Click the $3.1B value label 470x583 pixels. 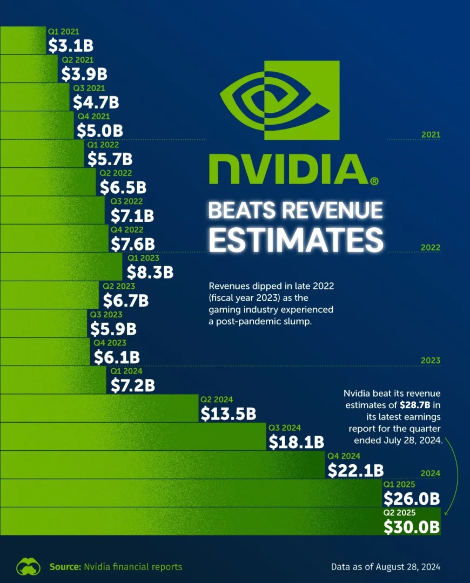point(69,45)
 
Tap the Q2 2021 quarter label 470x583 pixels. point(77,60)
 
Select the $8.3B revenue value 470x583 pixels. point(150,272)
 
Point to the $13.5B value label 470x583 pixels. point(228,413)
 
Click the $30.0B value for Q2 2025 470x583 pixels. point(411,526)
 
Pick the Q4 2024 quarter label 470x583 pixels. point(344,456)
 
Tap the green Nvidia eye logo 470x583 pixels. point(279,100)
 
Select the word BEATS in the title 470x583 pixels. point(243,211)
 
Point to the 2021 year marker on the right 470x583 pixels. point(431,135)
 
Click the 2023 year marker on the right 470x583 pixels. point(431,361)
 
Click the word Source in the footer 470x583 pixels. point(64,567)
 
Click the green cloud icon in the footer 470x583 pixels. point(28,567)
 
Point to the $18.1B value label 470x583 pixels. point(296,442)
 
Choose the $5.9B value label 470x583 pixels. point(113,328)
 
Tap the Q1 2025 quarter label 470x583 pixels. point(399,484)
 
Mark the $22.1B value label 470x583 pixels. point(355,470)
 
